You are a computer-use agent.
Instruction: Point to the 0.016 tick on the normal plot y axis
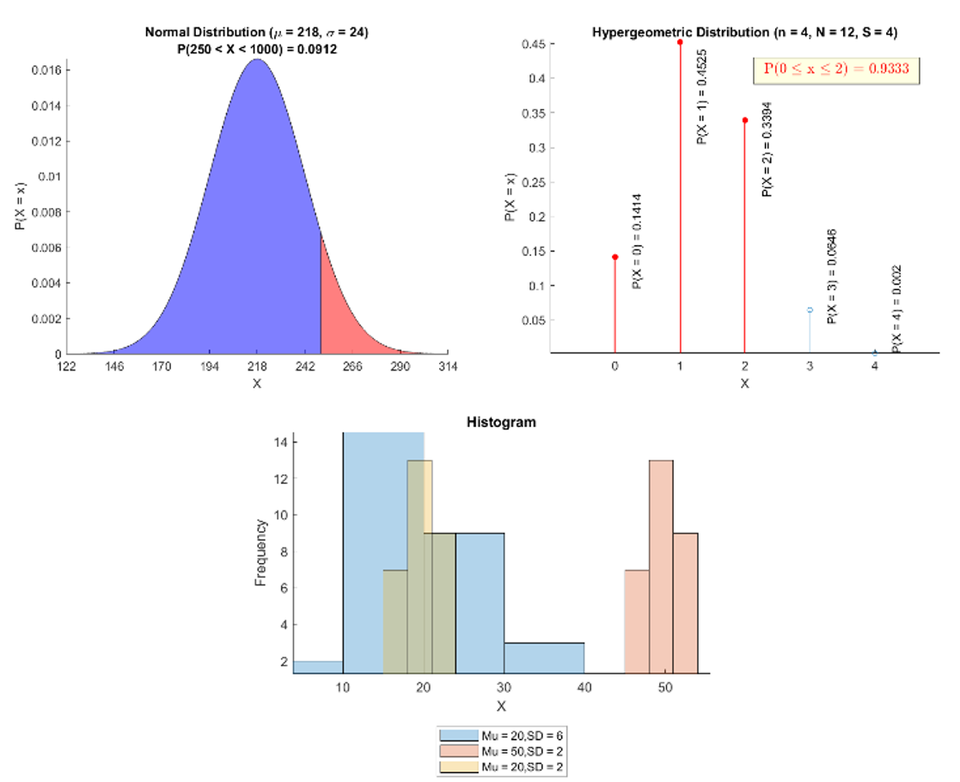(x=45, y=70)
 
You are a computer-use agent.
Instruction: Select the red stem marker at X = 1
(x=680, y=42)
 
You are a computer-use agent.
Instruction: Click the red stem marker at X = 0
(x=615, y=257)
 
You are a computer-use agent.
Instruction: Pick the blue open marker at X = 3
(x=810, y=309)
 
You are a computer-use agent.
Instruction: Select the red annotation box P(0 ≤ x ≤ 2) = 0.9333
(x=836, y=69)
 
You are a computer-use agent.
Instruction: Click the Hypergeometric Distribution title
(x=744, y=33)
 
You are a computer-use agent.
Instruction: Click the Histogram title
(x=501, y=422)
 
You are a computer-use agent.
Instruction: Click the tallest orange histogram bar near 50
(x=661, y=567)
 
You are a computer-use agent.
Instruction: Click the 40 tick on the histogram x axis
(x=584, y=687)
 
